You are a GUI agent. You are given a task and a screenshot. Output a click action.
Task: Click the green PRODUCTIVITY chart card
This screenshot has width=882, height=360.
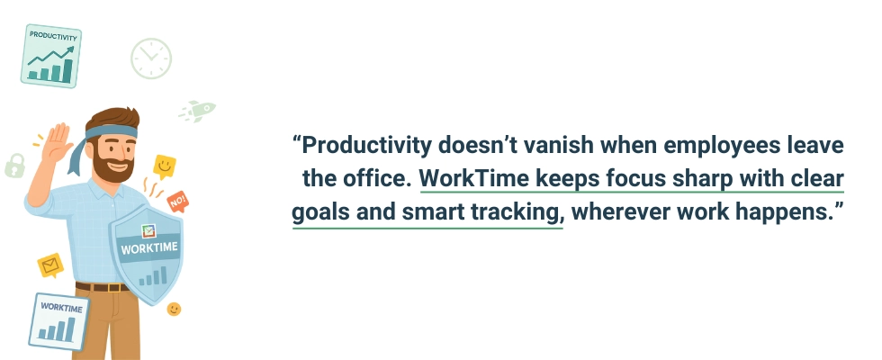[51, 56]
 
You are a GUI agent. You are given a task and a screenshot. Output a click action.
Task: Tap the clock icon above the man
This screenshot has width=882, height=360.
[150, 58]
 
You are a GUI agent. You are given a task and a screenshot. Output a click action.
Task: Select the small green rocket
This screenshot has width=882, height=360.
[199, 111]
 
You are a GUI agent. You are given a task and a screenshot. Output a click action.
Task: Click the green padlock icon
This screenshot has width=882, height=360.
[14, 164]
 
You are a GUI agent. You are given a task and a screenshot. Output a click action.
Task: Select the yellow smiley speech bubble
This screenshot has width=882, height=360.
[164, 166]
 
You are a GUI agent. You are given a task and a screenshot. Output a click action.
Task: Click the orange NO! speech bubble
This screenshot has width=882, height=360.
[177, 200]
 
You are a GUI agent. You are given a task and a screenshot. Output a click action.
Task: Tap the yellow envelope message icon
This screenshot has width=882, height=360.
[49, 265]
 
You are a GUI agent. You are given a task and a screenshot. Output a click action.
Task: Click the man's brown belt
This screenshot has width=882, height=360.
[101, 287]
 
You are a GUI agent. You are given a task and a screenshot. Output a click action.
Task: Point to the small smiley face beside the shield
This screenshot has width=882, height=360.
[174, 309]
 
